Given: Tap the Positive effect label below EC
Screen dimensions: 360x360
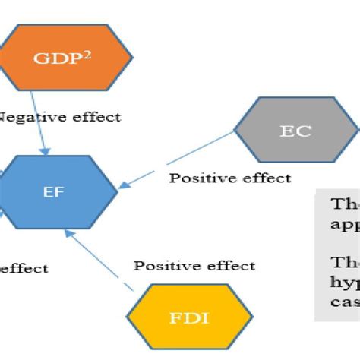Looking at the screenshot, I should pos(229,178).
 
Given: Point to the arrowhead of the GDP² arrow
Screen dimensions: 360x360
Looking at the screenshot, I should pos(49,151).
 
